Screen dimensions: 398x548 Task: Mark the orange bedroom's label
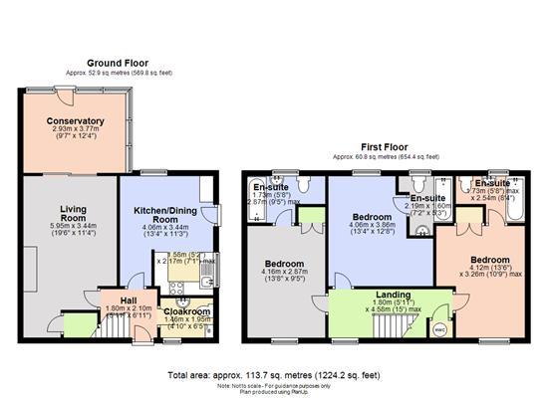point(489,260)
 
